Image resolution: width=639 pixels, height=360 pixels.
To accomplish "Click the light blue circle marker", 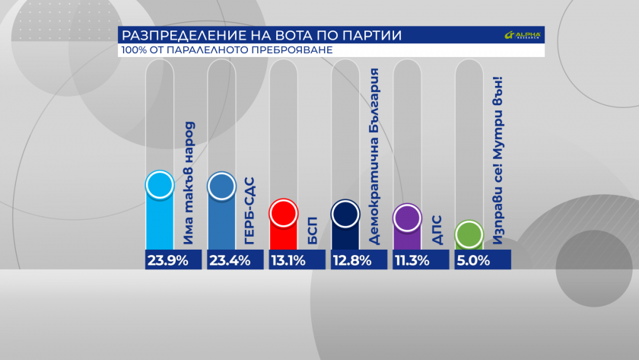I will tap(160, 186).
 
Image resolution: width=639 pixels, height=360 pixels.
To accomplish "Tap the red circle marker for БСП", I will tap(284, 214).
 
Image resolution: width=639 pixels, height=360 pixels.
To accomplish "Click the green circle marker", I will tap(469, 234).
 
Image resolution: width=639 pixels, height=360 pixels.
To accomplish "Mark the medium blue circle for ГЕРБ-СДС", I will tap(221, 186).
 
